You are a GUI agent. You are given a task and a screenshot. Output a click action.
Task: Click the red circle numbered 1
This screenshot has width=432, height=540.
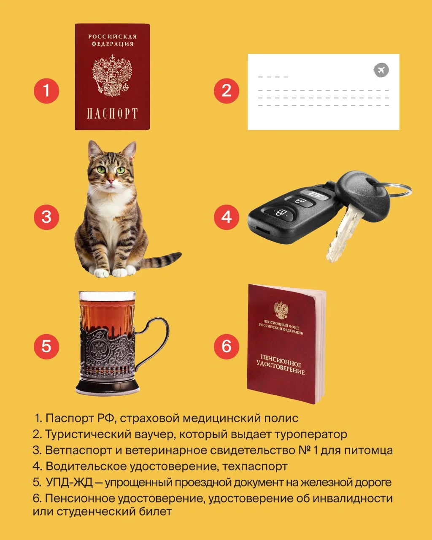point(46,91)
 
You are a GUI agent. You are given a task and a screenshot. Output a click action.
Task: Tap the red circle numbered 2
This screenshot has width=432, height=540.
point(227,91)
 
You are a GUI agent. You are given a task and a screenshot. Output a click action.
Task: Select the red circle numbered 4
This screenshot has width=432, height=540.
point(227,217)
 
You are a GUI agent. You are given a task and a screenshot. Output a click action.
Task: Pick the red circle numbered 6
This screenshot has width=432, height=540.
point(227,346)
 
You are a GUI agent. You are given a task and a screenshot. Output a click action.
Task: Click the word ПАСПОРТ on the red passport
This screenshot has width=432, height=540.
point(112,113)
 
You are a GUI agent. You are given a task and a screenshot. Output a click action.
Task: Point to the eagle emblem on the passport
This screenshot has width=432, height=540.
point(112,76)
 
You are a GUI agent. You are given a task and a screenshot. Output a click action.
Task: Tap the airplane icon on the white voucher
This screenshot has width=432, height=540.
point(381,70)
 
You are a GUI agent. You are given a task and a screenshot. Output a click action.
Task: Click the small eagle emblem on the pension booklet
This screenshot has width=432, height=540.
point(281,310)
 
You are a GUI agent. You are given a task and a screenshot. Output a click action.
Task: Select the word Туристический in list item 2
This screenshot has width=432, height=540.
point(88,441)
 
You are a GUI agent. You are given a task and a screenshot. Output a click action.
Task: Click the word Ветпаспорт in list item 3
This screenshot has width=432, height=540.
point(78,458)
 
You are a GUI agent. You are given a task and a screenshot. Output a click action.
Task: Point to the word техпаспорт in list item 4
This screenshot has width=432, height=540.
point(255,474)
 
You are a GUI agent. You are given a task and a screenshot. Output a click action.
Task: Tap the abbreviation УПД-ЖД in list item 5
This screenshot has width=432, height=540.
point(69,489)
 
